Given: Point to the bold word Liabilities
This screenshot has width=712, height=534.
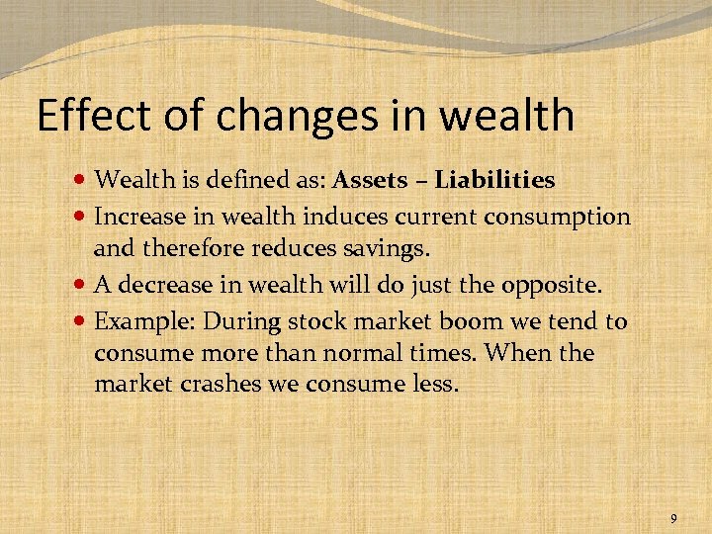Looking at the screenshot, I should click(494, 180).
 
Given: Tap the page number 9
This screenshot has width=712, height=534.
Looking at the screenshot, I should click(673, 518).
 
